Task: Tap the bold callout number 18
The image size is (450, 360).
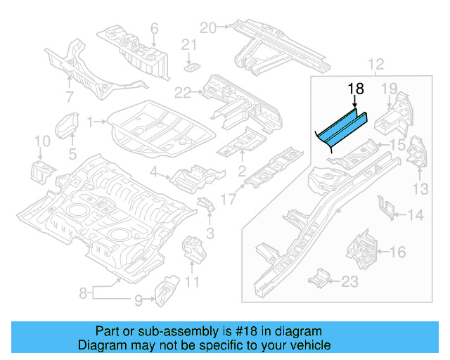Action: pos(356,89)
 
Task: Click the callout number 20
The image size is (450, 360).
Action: pos(207,27)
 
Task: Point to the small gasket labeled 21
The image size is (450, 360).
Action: pos(191,67)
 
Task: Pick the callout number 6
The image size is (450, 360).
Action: pos(154,29)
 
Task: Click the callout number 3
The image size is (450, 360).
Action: pos(209,233)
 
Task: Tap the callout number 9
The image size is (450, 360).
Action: pos(139,301)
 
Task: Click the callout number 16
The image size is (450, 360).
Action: pos(397,251)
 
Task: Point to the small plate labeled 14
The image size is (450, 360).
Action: pos(384,208)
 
